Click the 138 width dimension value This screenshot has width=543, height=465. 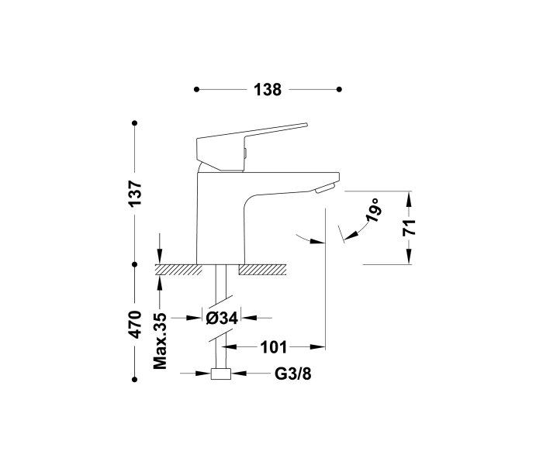click(267, 90)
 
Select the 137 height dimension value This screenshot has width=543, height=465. click(136, 193)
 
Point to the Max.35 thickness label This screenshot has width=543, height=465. click(161, 340)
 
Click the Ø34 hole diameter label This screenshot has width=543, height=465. click(222, 317)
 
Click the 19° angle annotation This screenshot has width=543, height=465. click(374, 211)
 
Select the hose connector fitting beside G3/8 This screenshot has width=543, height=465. click(222, 374)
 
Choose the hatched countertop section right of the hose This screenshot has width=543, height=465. click(264, 270)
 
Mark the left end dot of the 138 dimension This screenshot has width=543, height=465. click(197, 90)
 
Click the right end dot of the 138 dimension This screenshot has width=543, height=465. click(339, 90)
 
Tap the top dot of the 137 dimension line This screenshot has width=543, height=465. click(136, 122)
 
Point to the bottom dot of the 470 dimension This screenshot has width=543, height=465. click(136, 379)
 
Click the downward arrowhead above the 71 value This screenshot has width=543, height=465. click(410, 203)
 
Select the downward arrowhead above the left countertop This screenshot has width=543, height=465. click(160, 257)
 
